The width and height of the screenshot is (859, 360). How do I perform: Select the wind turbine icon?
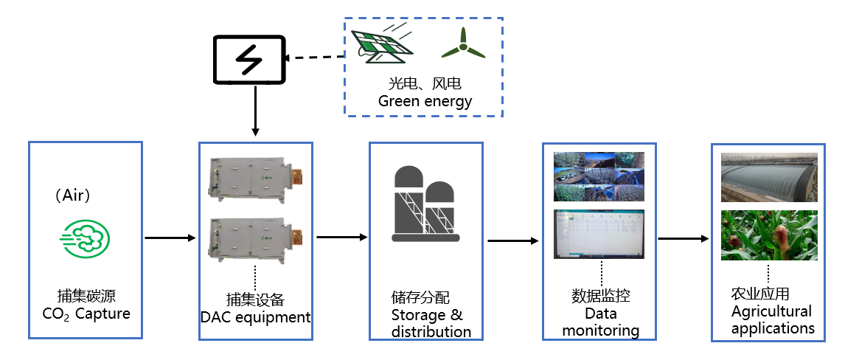tap(463, 44)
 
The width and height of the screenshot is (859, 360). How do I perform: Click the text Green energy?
tap(425, 101)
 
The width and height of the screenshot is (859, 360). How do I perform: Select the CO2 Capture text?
tap(86, 314)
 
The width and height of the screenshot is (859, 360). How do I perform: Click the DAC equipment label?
tap(255, 318)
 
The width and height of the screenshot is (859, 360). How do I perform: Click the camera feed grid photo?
tap(599, 176)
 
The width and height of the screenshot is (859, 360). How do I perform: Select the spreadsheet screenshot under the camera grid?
tap(599, 233)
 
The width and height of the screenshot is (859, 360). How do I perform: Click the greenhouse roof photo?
tap(769, 177)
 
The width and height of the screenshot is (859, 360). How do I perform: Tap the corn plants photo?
tap(769, 235)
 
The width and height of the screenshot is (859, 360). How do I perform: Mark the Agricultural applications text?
tap(772, 319)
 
